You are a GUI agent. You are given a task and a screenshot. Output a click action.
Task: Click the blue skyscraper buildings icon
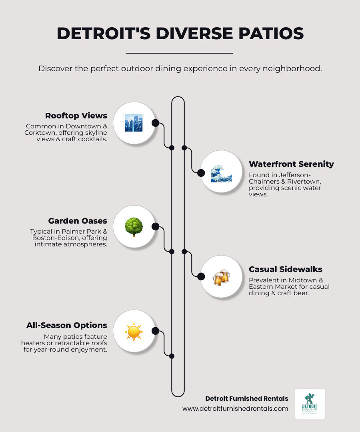(134, 123)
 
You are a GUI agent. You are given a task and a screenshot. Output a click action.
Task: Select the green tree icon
(134, 227)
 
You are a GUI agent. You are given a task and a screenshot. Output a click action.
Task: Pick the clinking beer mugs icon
(221, 277)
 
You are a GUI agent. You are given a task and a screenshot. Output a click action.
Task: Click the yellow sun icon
(134, 331)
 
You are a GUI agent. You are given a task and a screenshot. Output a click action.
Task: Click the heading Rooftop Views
(76, 116)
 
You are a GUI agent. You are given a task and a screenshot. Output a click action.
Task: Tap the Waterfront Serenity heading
(291, 164)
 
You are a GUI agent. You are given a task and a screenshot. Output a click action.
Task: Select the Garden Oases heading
(78, 221)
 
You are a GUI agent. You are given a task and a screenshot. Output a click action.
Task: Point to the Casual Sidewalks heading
(286, 269)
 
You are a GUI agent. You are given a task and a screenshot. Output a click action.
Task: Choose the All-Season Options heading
(67, 325)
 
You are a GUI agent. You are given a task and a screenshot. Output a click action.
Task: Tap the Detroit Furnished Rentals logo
(310, 404)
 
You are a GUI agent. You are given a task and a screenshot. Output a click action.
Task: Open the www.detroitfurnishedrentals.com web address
(235, 408)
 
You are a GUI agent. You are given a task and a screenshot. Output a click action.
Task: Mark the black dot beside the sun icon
(156, 331)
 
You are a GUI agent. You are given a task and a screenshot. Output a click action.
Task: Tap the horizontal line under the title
(179, 53)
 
